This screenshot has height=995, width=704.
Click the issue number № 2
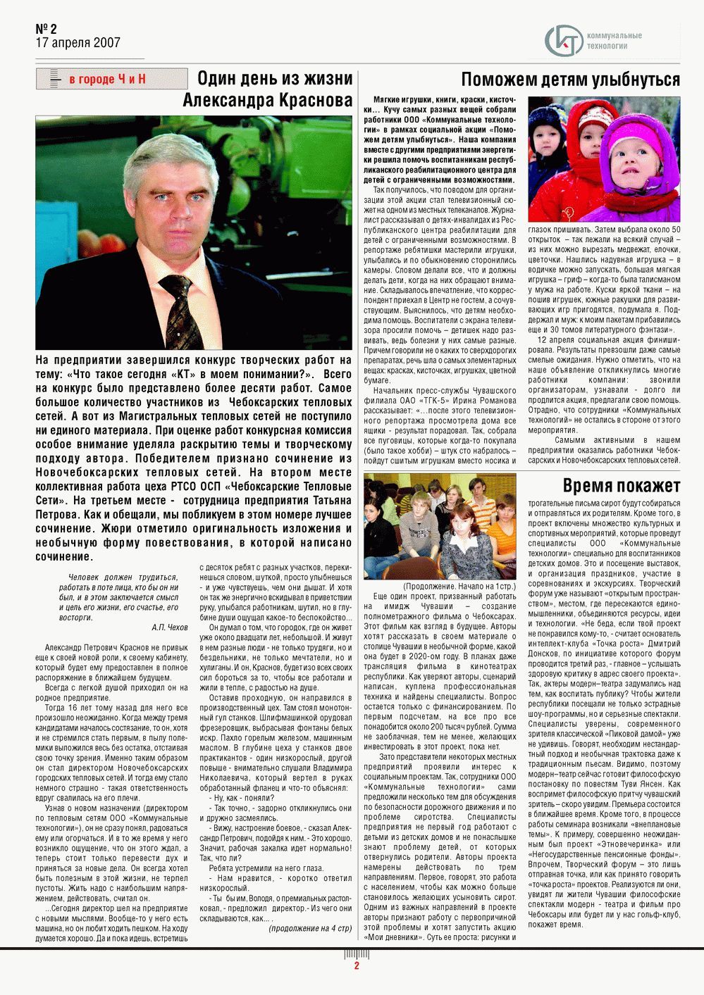click(x=47, y=29)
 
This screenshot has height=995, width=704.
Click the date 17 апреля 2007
click(x=78, y=43)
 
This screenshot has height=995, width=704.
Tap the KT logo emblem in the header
click(x=564, y=40)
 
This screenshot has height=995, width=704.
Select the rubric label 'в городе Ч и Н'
click(x=107, y=79)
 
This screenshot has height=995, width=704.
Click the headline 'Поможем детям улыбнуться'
click(x=570, y=80)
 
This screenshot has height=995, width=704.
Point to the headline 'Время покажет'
click(x=621, y=486)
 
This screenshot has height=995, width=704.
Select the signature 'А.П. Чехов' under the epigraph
click(x=169, y=627)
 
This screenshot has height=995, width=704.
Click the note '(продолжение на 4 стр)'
click(x=309, y=928)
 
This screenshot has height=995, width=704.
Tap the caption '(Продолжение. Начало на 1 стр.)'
click(x=459, y=586)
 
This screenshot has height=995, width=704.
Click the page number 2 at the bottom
click(x=357, y=966)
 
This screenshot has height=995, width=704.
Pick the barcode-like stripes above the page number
click(x=357, y=954)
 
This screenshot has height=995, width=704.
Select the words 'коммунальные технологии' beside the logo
click(x=614, y=41)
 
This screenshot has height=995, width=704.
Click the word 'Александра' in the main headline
click(x=227, y=101)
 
